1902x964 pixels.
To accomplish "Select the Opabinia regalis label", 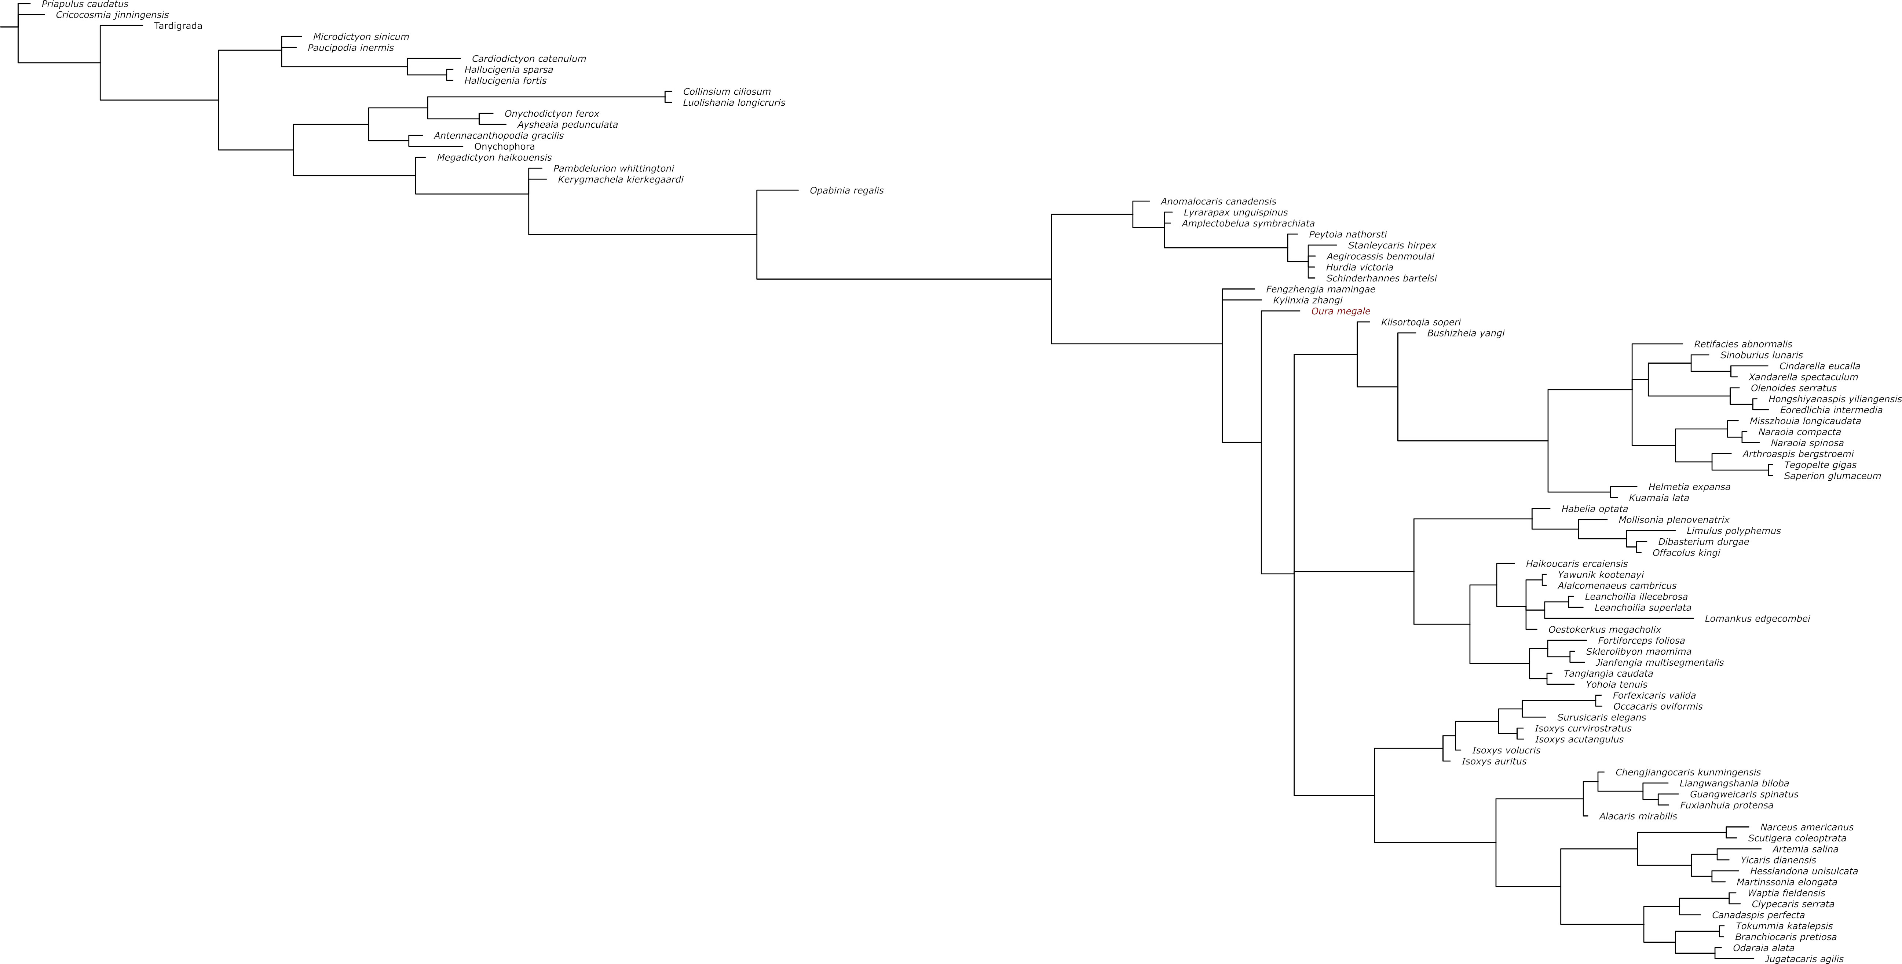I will click(846, 190).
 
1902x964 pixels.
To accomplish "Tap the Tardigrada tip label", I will click(178, 26).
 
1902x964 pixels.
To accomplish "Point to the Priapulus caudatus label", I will click(85, 4).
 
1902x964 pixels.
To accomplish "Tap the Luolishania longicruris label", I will click(734, 103).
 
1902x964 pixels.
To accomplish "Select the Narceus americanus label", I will click(1806, 827).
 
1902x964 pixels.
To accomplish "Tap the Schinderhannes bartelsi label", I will click(1381, 279).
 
